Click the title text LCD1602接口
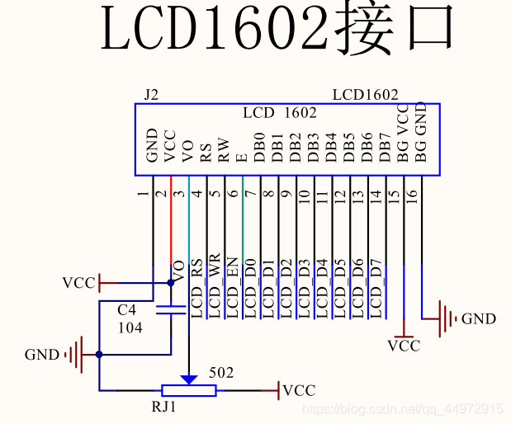click(277, 31)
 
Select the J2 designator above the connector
click(151, 95)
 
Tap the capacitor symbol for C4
click(171, 310)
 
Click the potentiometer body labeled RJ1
click(189, 390)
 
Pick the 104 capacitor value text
click(130, 327)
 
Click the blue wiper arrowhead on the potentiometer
click(189, 379)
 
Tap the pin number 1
click(144, 195)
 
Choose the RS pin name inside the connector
click(206, 149)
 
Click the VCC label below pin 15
click(404, 346)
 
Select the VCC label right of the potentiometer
click(298, 390)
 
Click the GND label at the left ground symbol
click(42, 355)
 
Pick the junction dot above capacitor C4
click(171, 282)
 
